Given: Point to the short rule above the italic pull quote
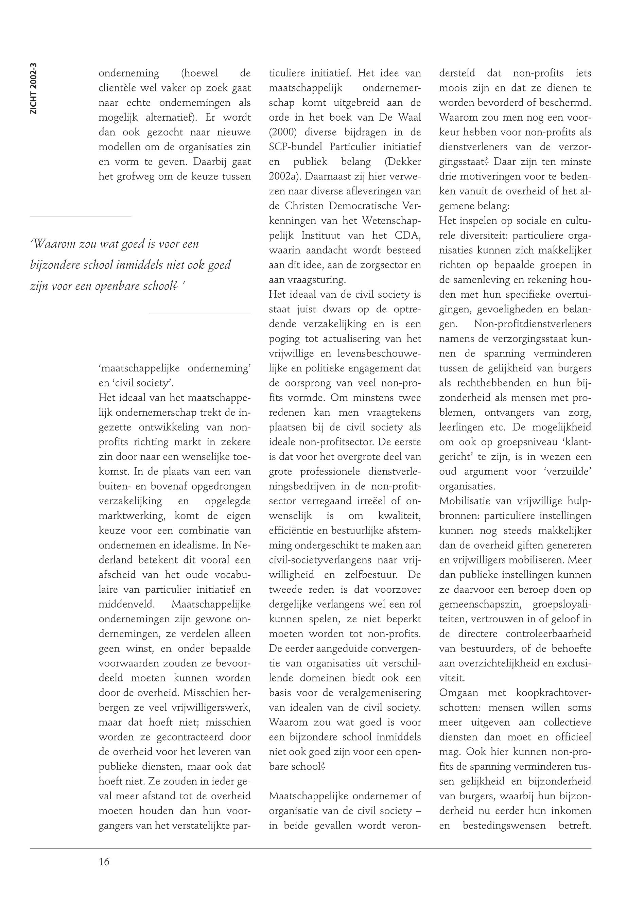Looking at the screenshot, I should (x=81, y=216).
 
